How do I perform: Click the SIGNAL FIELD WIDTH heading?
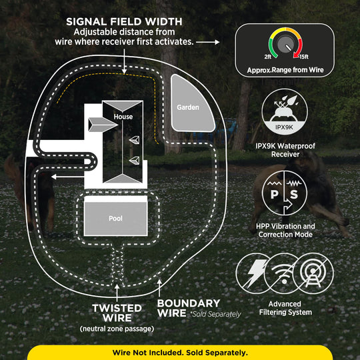[x=124, y=22]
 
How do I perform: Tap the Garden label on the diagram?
[x=188, y=107]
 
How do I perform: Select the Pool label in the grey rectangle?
[x=115, y=218]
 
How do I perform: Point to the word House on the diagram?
[x=123, y=117]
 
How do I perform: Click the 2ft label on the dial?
[x=268, y=57]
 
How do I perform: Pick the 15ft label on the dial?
[x=304, y=57]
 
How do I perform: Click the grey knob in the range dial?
[x=285, y=44]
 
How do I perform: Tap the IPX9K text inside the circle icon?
[x=284, y=127]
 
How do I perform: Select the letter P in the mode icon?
[x=274, y=194]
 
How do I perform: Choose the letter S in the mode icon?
[x=294, y=194]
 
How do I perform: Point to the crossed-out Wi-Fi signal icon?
[x=284, y=273]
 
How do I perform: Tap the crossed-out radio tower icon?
[x=313, y=273]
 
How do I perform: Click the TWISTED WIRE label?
[x=117, y=313]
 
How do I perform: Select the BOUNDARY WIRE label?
[x=189, y=308]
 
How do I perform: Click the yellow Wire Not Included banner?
[x=180, y=353]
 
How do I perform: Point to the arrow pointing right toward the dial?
[x=208, y=42]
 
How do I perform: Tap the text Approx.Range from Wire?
[x=285, y=70]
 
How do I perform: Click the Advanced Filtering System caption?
[x=285, y=308]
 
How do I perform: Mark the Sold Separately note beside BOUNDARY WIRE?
[x=215, y=314]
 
